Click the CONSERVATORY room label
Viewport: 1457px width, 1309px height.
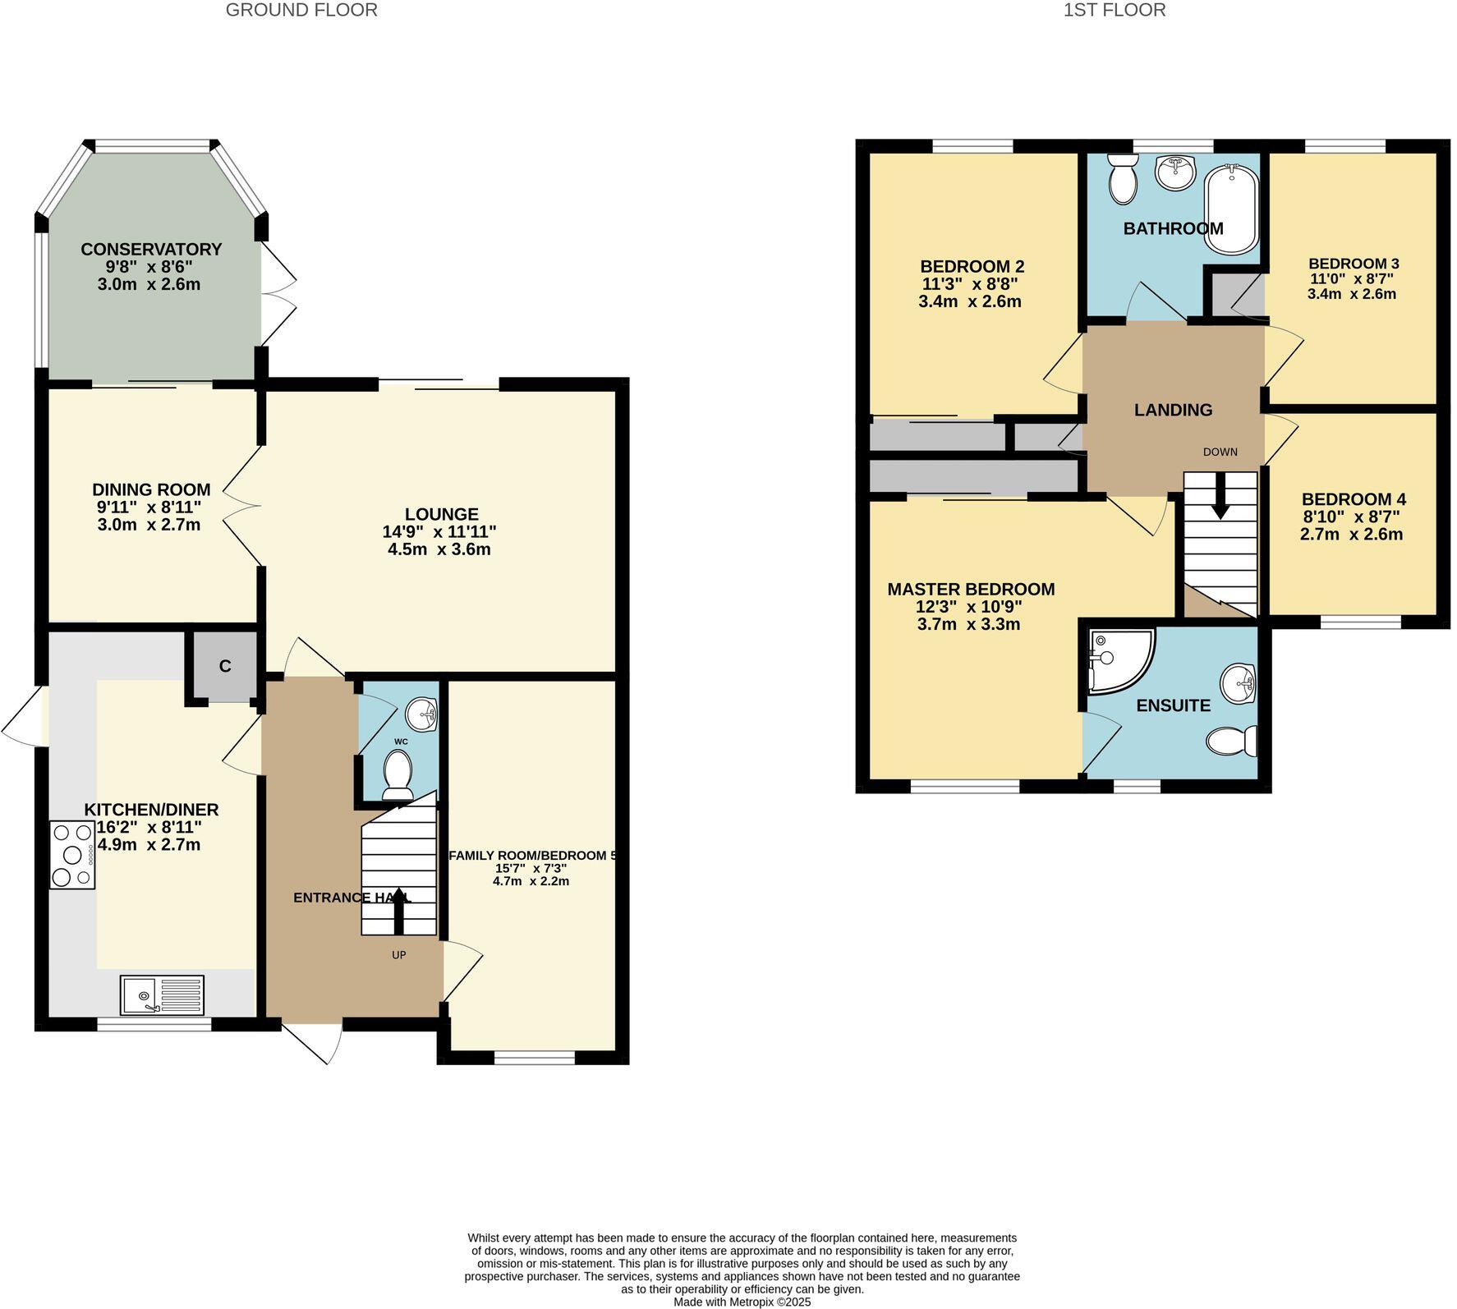click(x=151, y=249)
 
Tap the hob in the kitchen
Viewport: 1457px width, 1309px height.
click(x=72, y=855)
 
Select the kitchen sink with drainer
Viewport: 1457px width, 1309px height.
click(x=162, y=995)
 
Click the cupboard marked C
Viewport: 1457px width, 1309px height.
click(x=225, y=666)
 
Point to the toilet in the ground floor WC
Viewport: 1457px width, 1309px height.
click(x=398, y=774)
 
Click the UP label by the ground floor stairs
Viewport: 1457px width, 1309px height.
click(x=399, y=954)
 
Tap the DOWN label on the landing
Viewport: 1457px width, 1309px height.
click(x=1220, y=452)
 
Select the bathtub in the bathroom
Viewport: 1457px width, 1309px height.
click(x=1230, y=209)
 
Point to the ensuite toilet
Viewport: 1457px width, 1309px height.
click(x=1232, y=742)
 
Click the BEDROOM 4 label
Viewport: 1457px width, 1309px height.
click(x=1354, y=499)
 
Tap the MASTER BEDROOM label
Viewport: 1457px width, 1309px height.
click(x=971, y=589)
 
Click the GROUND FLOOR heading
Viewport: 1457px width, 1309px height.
click(x=301, y=11)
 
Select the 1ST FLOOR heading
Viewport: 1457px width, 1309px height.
click(x=1114, y=11)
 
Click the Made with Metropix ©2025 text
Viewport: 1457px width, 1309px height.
click(x=742, y=1302)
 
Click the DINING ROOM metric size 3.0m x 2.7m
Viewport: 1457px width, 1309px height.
click(x=149, y=525)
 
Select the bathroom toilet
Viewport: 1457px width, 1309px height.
click(x=1122, y=180)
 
